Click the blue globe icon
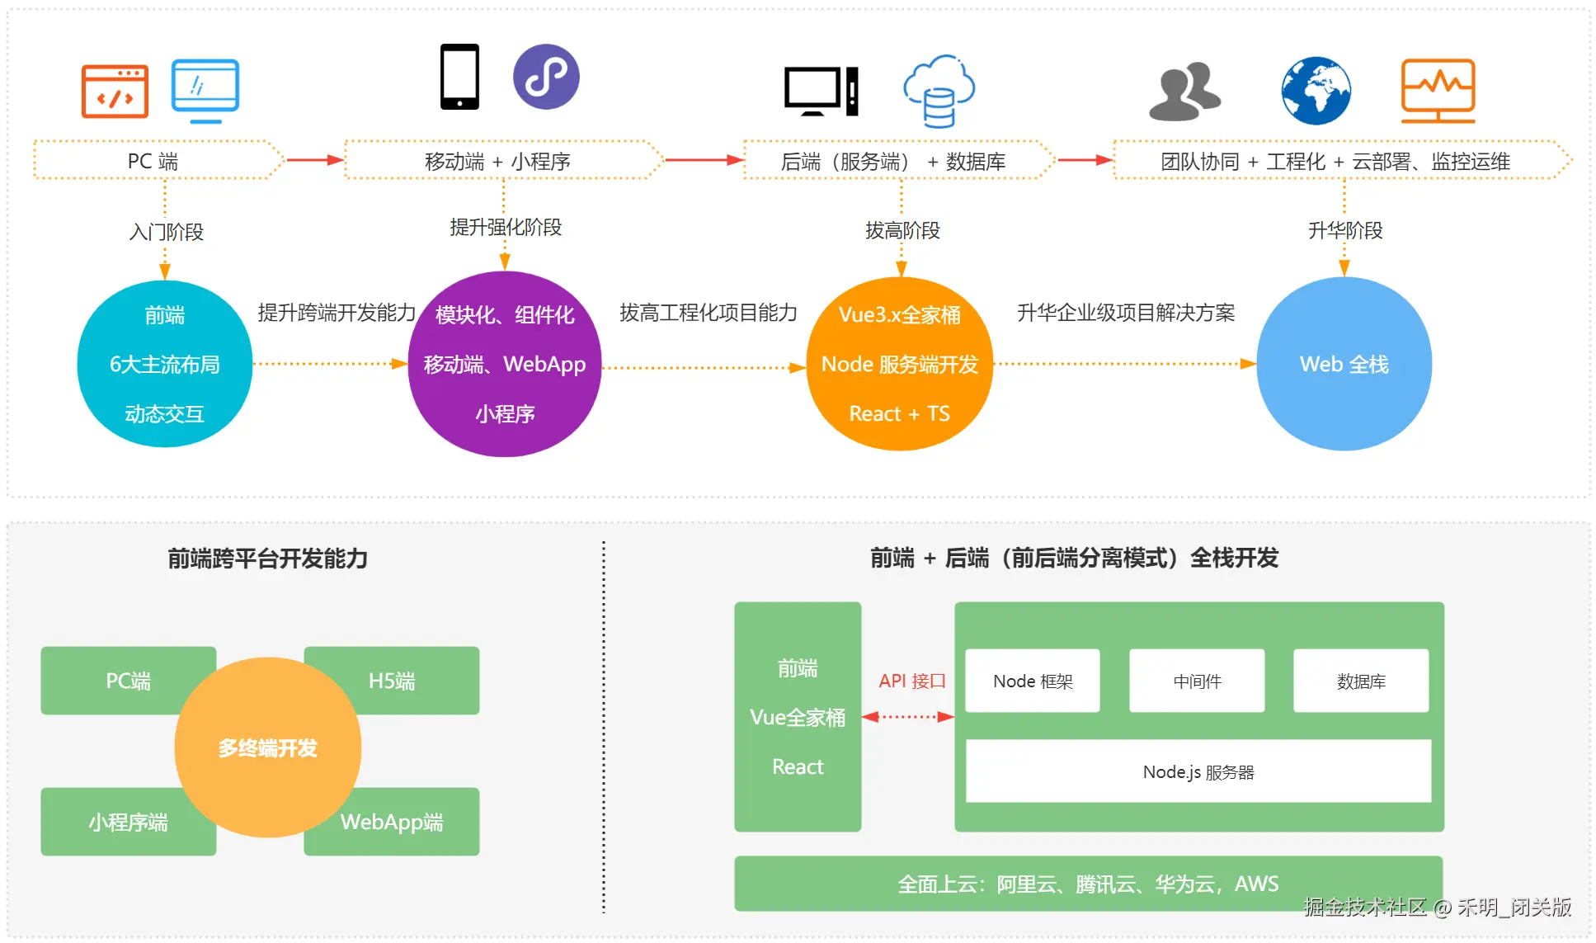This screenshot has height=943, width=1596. tap(1316, 91)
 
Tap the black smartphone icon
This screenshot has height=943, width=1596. tap(459, 77)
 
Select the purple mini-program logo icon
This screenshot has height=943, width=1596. tap(546, 77)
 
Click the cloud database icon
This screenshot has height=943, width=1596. tap(939, 91)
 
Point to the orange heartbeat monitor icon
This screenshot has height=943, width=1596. tap(1438, 91)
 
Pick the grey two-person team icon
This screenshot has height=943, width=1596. tap(1184, 91)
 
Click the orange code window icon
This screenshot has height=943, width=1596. tap(115, 91)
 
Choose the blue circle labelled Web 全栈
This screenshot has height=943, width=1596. tap(1344, 364)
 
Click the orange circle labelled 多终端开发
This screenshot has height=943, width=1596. tap(268, 747)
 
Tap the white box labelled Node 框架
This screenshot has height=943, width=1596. tap(1032, 681)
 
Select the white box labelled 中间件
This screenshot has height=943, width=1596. tap(1197, 681)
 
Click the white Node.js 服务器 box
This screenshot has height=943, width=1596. tap(1198, 771)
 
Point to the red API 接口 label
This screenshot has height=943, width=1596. tap(911, 681)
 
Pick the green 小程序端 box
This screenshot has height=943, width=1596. tap(115, 822)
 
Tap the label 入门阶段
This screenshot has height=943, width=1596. tap(166, 232)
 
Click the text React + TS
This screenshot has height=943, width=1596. tap(899, 413)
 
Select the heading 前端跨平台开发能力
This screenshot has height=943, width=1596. tap(267, 559)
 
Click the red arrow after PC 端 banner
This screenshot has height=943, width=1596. tap(313, 160)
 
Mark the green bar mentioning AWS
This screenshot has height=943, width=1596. tap(1088, 884)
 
